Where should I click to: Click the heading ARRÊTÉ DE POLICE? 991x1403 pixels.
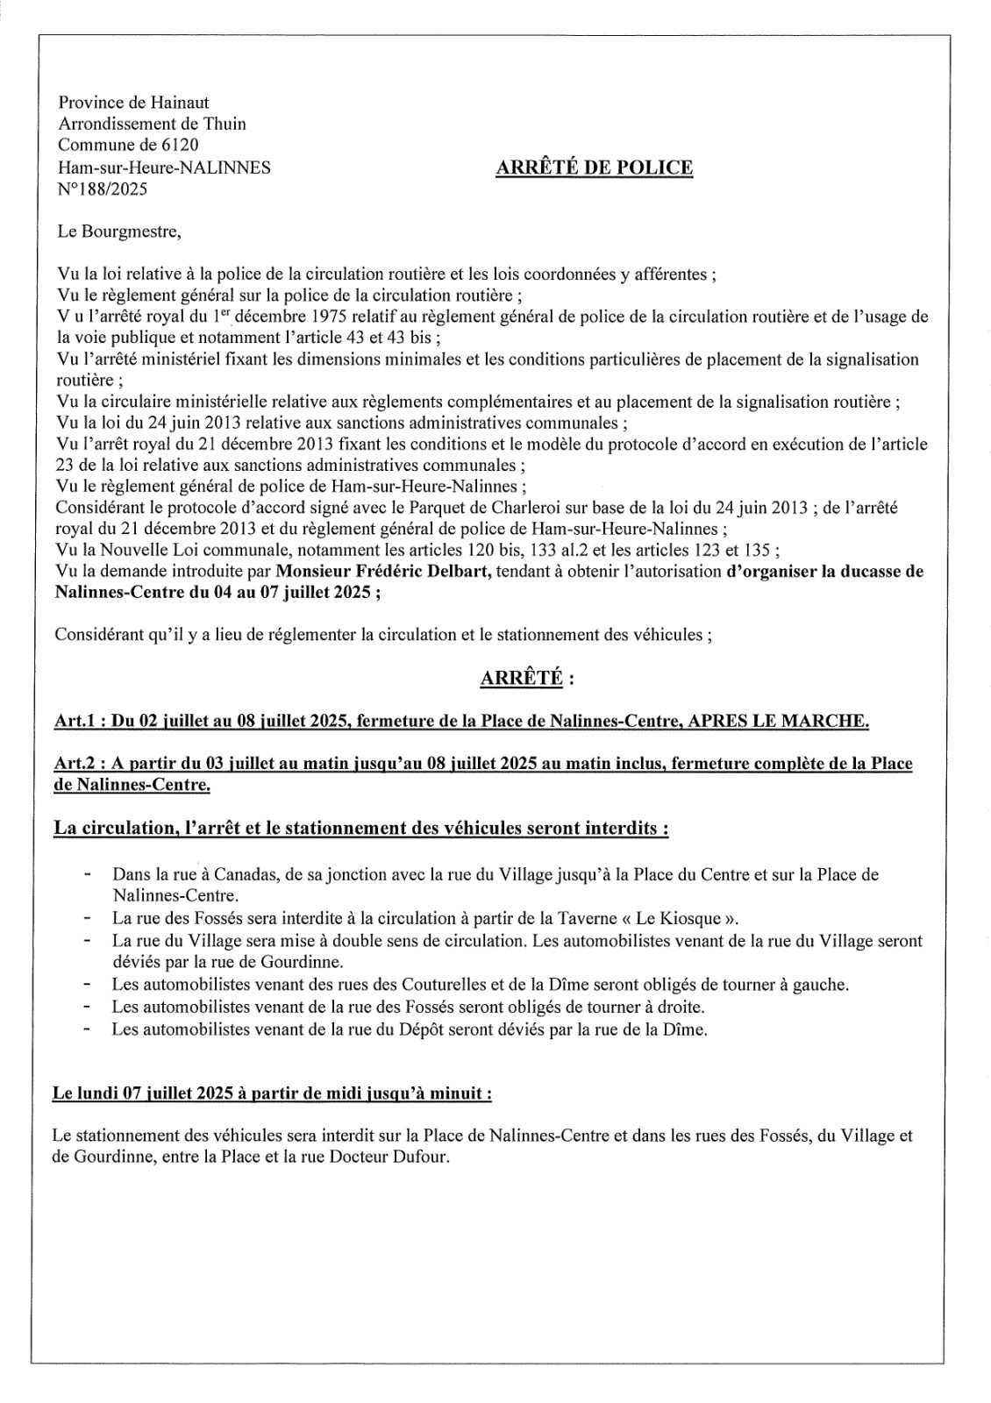pos(594,167)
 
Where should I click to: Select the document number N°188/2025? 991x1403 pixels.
pos(102,188)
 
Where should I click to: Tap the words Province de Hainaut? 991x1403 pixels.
pos(133,103)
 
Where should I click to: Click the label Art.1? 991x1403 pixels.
pos(78,722)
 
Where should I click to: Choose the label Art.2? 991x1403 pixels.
pos(78,764)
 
